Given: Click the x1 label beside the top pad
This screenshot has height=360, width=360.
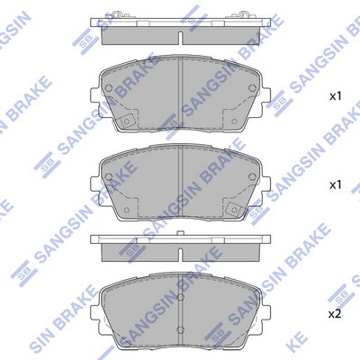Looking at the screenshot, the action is [336, 96].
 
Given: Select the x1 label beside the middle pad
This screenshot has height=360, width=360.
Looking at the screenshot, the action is [336, 185].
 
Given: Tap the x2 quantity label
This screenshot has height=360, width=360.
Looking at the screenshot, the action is [336, 314].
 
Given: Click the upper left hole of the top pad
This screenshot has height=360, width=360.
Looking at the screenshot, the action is [109, 87].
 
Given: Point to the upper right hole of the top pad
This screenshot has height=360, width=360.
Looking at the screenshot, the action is [252, 87].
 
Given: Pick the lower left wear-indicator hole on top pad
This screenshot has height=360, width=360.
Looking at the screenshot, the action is [126, 121].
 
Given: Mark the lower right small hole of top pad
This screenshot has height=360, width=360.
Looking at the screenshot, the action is [235, 121].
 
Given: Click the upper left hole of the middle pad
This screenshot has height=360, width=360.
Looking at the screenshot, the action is [109, 176].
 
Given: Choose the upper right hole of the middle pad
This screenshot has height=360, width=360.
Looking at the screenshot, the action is [252, 176].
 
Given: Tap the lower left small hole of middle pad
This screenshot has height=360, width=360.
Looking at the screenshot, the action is [126, 210].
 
